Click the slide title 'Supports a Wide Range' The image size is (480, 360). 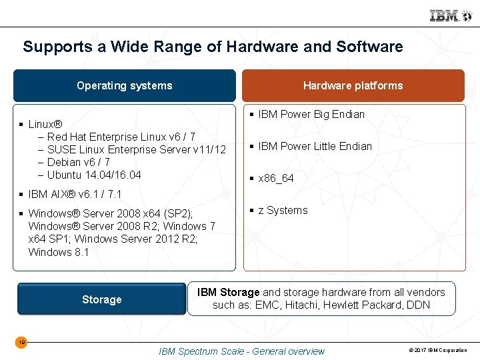pos(213,47)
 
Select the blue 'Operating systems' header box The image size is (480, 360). pos(125,85)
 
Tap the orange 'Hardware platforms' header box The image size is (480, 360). pos(353,85)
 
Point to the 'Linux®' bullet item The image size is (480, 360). pos(45,124)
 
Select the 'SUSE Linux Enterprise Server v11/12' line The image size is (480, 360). pos(137,149)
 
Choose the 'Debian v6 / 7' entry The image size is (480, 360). pos(79,162)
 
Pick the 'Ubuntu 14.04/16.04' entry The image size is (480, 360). pos(94,175)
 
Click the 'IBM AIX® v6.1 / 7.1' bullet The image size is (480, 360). pos(75,194)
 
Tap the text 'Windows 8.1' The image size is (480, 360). pos(59,252)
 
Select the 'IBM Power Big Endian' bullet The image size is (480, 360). pos(311,114)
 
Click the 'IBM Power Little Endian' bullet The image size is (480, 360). pos(315,146)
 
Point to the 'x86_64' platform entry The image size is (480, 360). pos(276,179)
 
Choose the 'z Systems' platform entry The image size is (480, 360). pos(283,210)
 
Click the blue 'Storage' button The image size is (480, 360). pos(101,299)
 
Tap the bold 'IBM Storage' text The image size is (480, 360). pos(229,292)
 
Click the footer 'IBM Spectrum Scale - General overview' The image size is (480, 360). pos(241,351)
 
